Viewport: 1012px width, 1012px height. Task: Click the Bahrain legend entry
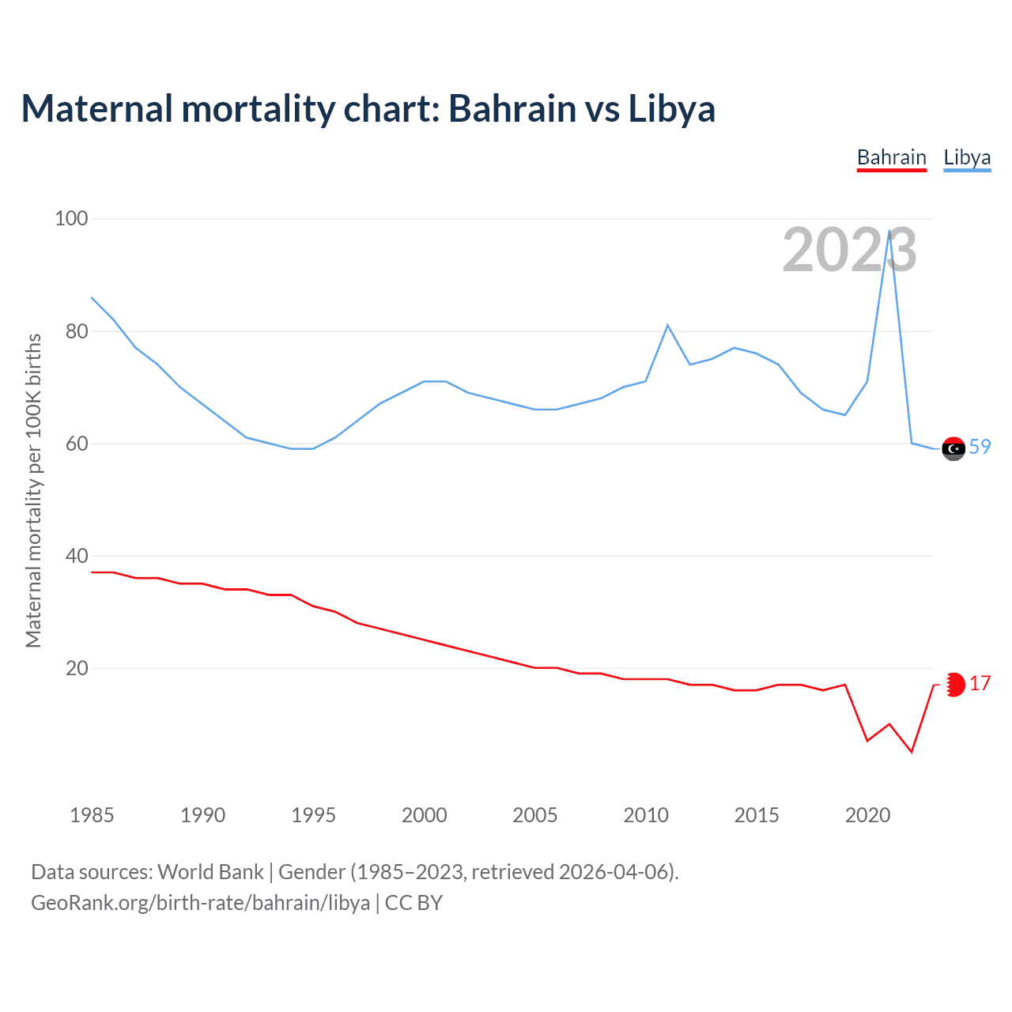pyautogui.click(x=891, y=157)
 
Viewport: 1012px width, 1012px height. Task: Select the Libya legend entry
pyautogui.click(x=967, y=157)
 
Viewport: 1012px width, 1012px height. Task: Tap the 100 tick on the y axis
pyautogui.click(x=71, y=218)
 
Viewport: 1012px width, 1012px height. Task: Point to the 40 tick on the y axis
pyautogui.click(x=77, y=556)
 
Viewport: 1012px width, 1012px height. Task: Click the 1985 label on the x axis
pyautogui.click(x=92, y=815)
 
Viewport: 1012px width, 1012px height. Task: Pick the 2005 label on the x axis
pyautogui.click(x=535, y=815)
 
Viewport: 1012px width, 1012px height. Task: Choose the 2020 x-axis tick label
pyautogui.click(x=867, y=815)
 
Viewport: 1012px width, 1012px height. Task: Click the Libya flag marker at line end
pyautogui.click(x=953, y=448)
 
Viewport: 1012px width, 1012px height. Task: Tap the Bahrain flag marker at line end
pyautogui.click(x=954, y=685)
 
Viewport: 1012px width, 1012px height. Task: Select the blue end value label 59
pyautogui.click(x=980, y=447)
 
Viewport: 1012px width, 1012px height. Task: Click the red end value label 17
pyautogui.click(x=980, y=683)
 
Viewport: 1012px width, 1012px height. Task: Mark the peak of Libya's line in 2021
pyautogui.click(x=889, y=231)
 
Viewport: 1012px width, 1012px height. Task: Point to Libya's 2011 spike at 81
pyautogui.click(x=668, y=325)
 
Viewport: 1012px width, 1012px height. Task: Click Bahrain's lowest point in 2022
pyautogui.click(x=912, y=751)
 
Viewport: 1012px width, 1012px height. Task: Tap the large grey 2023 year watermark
pyautogui.click(x=849, y=251)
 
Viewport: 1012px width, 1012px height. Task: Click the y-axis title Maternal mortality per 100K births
pyautogui.click(x=33, y=490)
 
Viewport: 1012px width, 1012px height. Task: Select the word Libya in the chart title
pyautogui.click(x=671, y=109)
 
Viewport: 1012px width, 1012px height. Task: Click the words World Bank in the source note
pyautogui.click(x=210, y=872)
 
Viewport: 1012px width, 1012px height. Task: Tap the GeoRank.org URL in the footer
pyautogui.click(x=200, y=903)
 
